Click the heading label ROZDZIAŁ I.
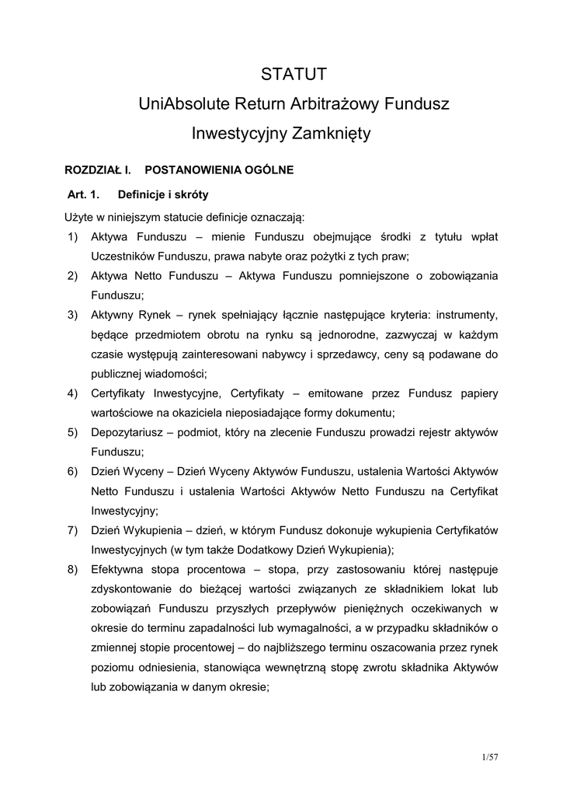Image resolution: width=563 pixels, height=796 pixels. click(x=95, y=169)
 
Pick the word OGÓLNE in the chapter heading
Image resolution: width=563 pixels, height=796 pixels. click(x=267, y=169)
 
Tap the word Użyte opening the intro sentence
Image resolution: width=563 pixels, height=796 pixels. click(x=78, y=215)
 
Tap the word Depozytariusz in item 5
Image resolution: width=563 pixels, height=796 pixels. click(x=127, y=431)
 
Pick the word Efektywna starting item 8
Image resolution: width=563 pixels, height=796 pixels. click(x=118, y=569)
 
